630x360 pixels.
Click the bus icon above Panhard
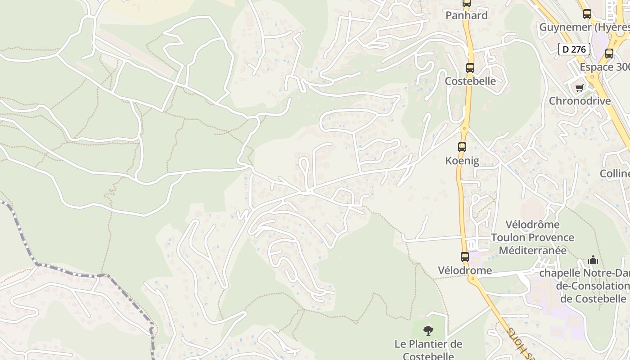[467, 4]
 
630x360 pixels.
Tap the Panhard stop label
[467, 15]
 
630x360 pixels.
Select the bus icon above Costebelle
[470, 68]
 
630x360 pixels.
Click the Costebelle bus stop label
[470, 81]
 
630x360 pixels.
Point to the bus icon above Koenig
[462, 147]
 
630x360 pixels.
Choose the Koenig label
[462, 161]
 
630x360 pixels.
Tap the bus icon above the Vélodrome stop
[465, 257]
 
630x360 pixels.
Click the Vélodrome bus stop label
[465, 270]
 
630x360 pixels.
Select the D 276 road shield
[574, 49]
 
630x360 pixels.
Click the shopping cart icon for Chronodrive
[580, 88]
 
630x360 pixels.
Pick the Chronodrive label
[580, 101]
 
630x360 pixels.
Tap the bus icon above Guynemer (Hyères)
[587, 14]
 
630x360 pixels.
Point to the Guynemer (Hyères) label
[585, 27]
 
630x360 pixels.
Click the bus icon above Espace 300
[609, 54]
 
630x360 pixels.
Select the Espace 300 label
[604, 67]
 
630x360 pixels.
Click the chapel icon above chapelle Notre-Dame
[593, 260]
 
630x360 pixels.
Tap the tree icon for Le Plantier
[428, 331]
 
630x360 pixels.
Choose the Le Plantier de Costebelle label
[428, 350]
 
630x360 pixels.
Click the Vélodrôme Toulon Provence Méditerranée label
[532, 237]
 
